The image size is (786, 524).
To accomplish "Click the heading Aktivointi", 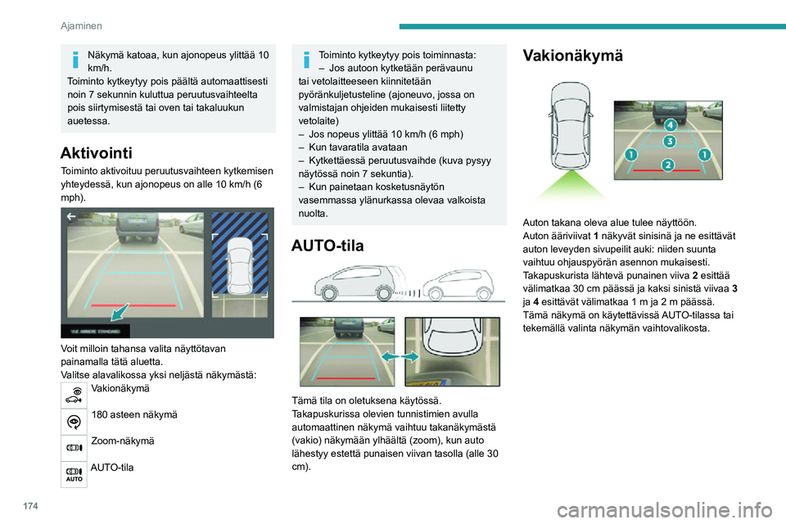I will [x=96, y=152].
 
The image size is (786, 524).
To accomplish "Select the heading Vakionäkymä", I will [x=572, y=56].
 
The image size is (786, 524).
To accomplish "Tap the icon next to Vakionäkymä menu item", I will [x=73, y=395].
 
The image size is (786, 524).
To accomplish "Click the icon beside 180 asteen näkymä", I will [x=73, y=421].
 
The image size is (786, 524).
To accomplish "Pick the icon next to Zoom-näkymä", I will [x=73, y=447].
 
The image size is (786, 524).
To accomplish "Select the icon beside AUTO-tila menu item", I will [x=73, y=473].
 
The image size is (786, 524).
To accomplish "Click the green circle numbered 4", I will [x=670, y=125].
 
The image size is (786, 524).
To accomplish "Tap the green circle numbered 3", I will [x=669, y=142].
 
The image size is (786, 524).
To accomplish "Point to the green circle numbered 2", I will [x=668, y=165].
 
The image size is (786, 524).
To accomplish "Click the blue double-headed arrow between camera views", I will [x=400, y=358].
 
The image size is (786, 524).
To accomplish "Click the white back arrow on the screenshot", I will [x=70, y=218].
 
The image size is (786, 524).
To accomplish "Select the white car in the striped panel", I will [x=241, y=266].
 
